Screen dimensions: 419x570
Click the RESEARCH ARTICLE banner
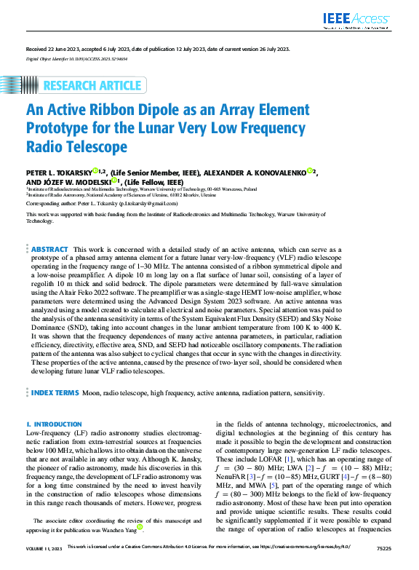click(92, 86)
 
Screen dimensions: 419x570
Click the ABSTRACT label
click(50, 250)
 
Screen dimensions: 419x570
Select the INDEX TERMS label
click(55, 392)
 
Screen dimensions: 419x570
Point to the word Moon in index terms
click(92, 392)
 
